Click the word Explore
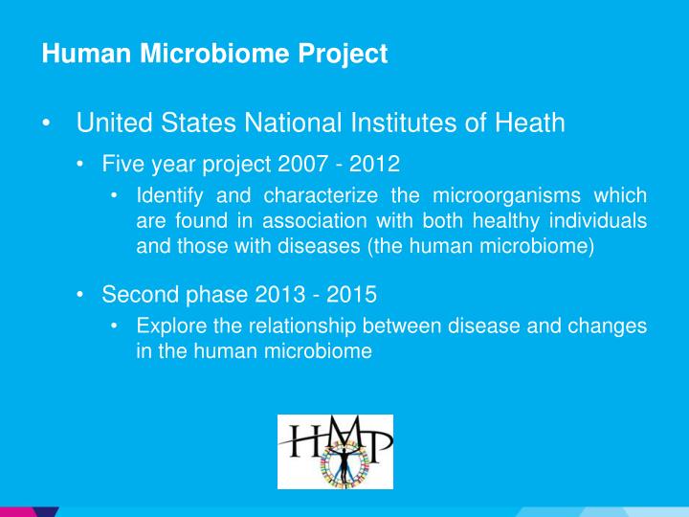pos(169,326)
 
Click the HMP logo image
pos(335,452)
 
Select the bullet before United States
pos(47,124)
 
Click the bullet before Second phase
pos(81,294)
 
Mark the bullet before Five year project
pos(81,164)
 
